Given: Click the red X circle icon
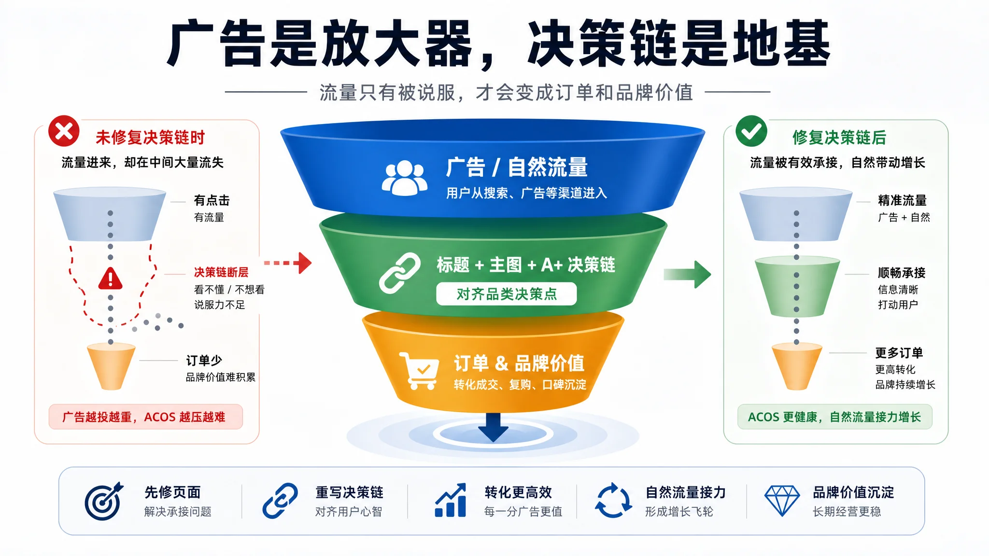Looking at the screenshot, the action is click(x=64, y=131).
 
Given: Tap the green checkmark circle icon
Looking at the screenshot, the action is click(x=751, y=131).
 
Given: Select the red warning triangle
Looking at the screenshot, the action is click(x=111, y=278).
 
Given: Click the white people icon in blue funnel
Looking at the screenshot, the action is click(x=405, y=178).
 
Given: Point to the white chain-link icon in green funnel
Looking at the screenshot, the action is click(x=400, y=273).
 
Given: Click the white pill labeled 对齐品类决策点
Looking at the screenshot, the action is click(x=507, y=293).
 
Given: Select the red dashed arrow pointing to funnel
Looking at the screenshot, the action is click(x=288, y=263).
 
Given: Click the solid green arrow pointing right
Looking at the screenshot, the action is click(x=687, y=274).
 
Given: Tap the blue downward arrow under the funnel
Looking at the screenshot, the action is click(x=493, y=427).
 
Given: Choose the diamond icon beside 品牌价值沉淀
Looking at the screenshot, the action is click(x=782, y=501).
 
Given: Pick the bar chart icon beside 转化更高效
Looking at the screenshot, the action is click(x=451, y=500).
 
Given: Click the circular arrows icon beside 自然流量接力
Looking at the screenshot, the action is click(x=613, y=500).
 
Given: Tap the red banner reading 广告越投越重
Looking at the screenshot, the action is click(x=146, y=417).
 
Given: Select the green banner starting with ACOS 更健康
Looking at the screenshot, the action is click(x=834, y=417).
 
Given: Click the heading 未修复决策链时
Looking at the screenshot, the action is click(x=150, y=138).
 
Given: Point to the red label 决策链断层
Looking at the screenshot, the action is click(x=221, y=272).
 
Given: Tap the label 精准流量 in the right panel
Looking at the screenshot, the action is click(x=902, y=200).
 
